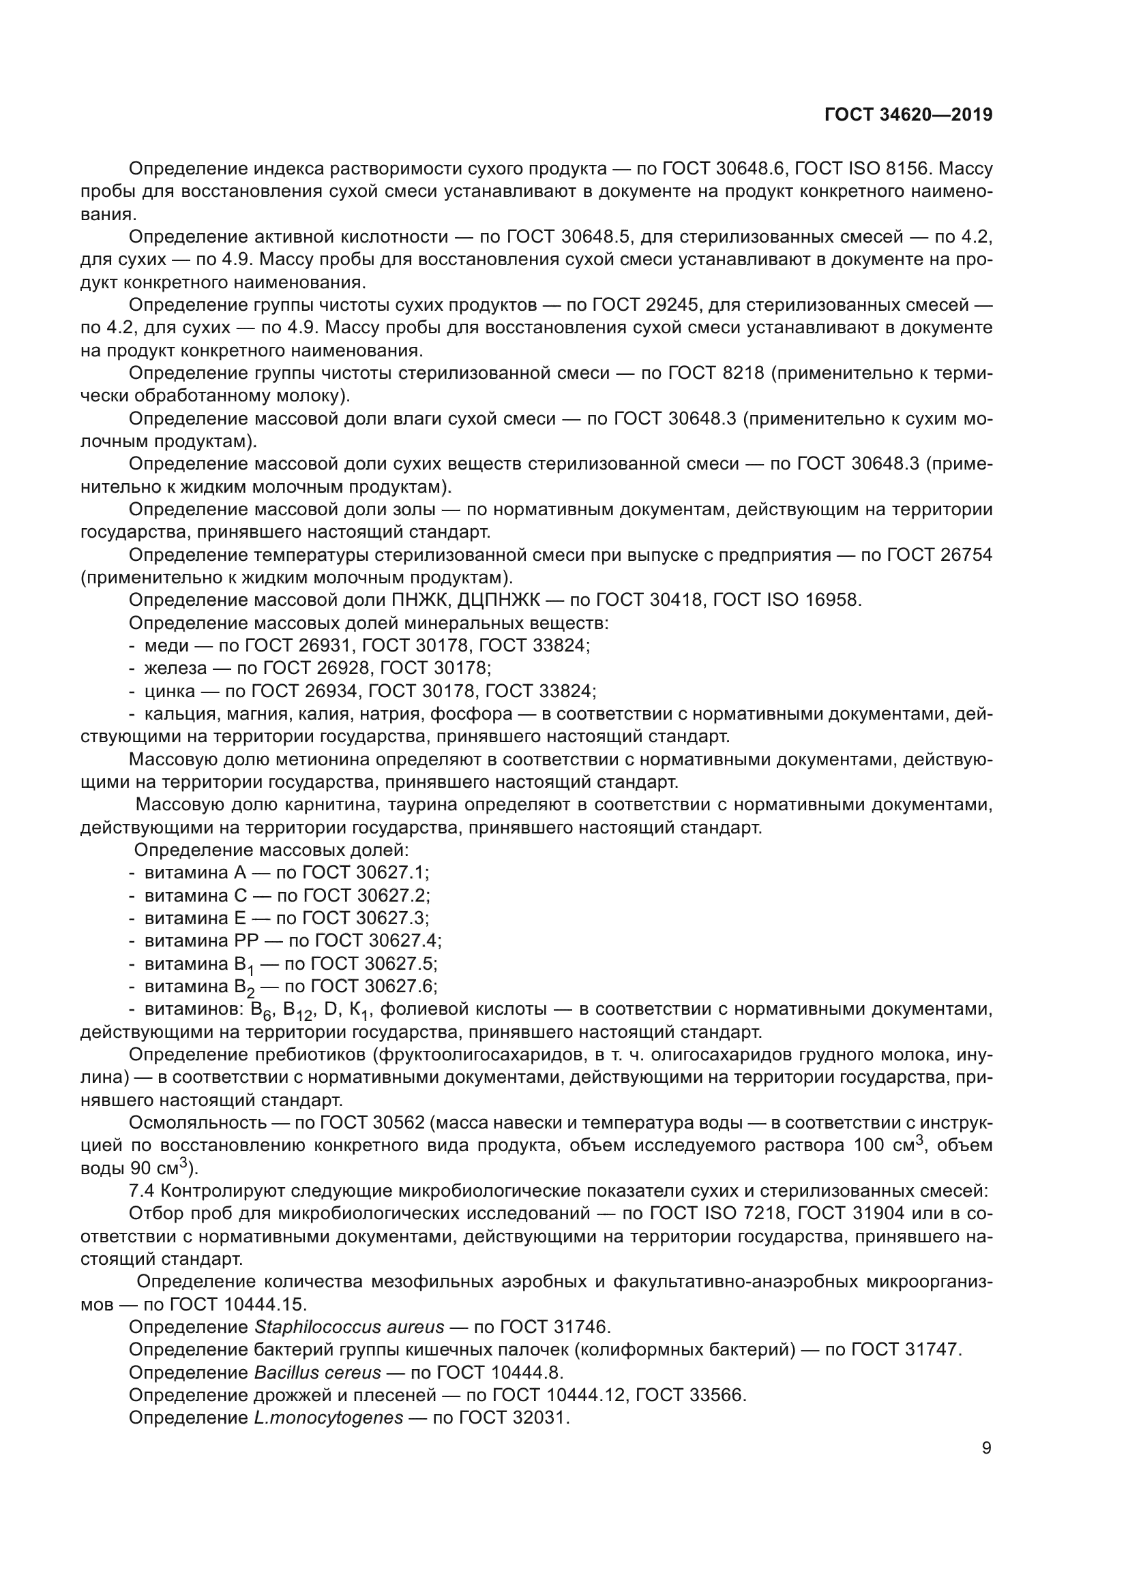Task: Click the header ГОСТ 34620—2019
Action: tap(908, 114)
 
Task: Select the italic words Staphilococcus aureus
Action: tap(349, 1327)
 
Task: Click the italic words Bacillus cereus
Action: tap(317, 1373)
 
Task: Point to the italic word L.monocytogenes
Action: tap(329, 1417)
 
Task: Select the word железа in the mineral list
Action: tap(176, 668)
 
